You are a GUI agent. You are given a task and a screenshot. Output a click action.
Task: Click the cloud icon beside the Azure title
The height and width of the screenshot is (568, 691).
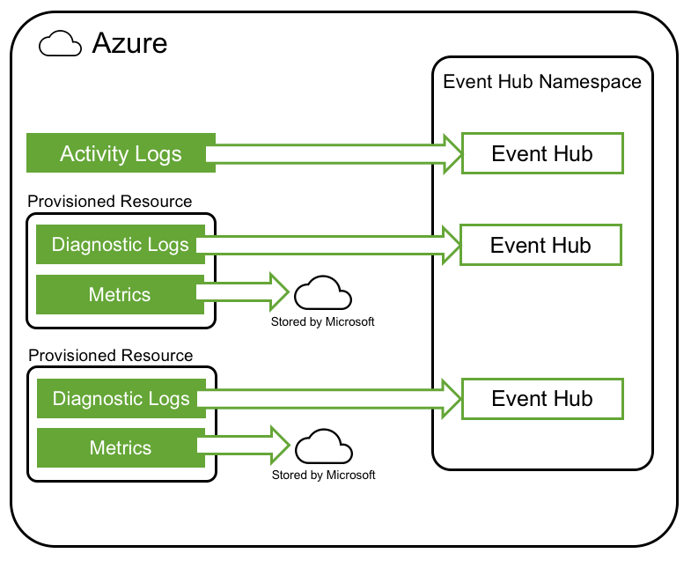(x=61, y=43)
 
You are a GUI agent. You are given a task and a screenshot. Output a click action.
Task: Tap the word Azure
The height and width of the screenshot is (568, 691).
(x=129, y=43)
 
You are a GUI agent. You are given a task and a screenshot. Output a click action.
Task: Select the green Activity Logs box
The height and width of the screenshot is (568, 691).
(x=121, y=152)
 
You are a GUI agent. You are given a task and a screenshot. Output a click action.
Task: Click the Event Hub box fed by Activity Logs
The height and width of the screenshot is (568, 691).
(x=542, y=153)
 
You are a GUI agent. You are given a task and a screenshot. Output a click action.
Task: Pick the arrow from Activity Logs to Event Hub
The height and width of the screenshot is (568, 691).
(x=334, y=154)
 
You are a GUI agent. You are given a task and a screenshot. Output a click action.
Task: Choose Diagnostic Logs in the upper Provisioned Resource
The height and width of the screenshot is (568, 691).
(x=121, y=244)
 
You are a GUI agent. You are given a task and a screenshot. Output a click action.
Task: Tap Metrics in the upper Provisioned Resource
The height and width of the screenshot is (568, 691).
(x=120, y=294)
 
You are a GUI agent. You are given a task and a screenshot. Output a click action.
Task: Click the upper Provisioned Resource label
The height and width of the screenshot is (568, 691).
(x=110, y=201)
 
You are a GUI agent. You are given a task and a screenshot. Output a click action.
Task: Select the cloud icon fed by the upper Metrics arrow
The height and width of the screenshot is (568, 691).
(x=323, y=293)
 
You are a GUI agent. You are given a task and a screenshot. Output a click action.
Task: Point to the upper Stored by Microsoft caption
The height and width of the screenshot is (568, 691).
(x=322, y=322)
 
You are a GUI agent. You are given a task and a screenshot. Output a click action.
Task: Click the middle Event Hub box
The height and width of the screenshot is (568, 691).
(x=540, y=245)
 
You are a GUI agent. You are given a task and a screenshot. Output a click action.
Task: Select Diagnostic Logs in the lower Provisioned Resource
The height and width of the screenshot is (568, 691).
(x=121, y=398)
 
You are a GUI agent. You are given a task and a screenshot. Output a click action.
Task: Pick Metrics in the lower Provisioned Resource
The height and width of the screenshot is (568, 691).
(x=121, y=447)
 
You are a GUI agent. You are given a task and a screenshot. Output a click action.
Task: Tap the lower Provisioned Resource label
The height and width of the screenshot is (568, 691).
(x=111, y=355)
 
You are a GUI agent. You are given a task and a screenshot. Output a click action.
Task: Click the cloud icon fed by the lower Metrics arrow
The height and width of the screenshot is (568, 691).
(x=324, y=446)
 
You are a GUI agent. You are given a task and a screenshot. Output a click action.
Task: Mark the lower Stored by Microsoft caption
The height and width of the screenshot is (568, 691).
(x=323, y=475)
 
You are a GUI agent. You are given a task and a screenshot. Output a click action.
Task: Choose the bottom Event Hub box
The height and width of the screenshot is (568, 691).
(x=542, y=399)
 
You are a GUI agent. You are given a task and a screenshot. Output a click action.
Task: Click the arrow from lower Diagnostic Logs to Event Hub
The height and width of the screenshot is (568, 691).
(x=329, y=399)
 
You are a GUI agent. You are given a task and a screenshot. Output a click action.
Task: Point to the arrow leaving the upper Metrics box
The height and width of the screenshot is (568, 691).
(x=242, y=292)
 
